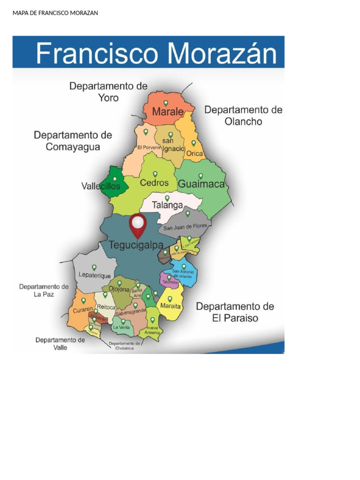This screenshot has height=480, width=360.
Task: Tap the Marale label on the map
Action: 167,112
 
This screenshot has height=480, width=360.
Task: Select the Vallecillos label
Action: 101,186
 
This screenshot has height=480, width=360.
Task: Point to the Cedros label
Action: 154,183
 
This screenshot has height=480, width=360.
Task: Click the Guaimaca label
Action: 202,184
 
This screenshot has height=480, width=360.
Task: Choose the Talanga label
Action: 167,205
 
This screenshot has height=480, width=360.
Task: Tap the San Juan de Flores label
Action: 185,228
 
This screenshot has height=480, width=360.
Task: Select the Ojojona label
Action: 119,290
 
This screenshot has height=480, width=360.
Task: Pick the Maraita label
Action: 170,306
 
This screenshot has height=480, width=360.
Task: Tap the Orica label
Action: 195,153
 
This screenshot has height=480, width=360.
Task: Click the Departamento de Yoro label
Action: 108,92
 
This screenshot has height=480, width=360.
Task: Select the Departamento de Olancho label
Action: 243,115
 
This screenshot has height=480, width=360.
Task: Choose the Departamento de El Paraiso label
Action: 234,312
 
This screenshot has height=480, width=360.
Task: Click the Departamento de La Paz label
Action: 44,290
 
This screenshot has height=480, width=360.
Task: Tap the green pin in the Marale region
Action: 165,103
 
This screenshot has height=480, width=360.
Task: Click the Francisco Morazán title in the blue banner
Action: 156,54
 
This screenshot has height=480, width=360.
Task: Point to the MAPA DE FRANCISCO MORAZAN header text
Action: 55,13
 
